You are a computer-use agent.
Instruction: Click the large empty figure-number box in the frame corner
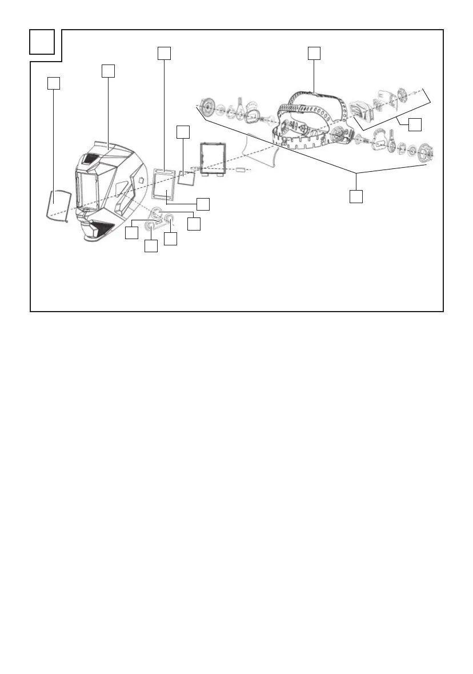pos(43,42)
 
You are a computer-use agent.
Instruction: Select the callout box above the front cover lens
pos(53,83)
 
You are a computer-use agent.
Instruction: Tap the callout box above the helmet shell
pos(108,71)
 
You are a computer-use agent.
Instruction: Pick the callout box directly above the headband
pos(314,53)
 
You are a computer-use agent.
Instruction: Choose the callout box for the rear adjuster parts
pos(416,124)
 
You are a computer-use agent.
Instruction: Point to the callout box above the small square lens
pos(182,132)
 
